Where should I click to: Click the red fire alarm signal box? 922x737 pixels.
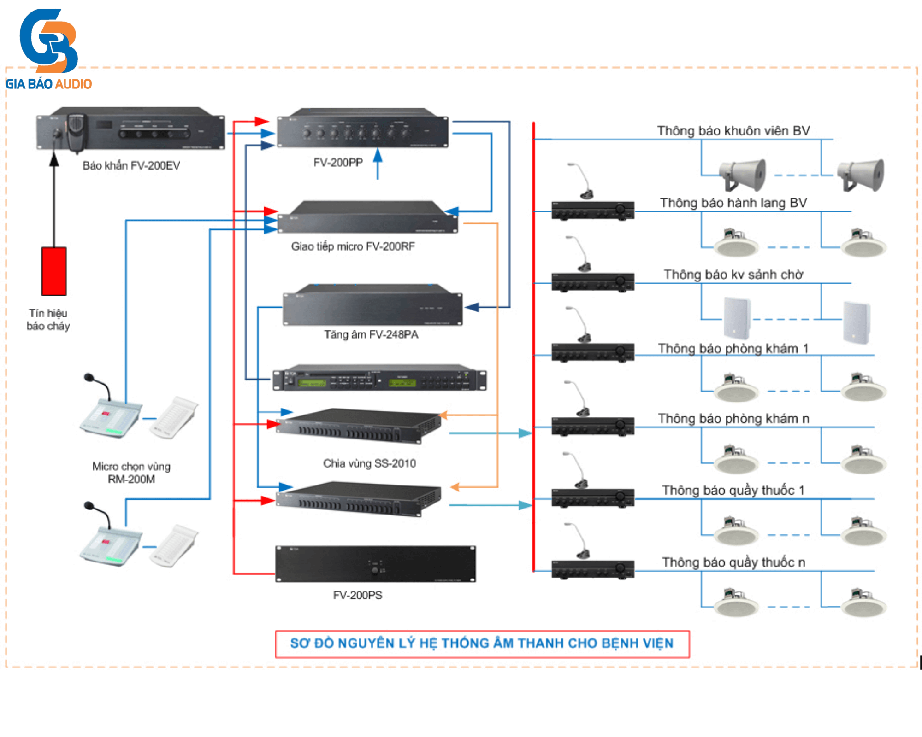pos(54,271)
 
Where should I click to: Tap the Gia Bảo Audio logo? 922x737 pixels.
pos(48,48)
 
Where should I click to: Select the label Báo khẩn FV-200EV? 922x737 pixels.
pos(131,165)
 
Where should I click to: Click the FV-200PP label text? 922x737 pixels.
pos(338,163)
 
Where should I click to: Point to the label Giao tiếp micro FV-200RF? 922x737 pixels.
pos(353,246)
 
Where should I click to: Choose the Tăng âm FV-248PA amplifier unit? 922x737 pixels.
pos(372,306)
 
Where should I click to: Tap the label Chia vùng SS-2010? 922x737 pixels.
pos(369,463)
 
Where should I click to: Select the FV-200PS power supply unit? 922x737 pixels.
pos(375,564)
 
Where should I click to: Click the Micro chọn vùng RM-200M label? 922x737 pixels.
pos(131,473)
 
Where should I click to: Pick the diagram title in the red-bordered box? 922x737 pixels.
pos(482,643)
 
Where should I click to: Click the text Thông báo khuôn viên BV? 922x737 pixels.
pos(733,131)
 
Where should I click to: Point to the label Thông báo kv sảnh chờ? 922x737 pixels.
pos(733,275)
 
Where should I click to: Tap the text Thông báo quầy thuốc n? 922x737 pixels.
pos(733,562)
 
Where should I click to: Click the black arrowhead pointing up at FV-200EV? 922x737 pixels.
pos(54,159)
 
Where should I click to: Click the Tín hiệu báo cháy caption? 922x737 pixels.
pos(48,320)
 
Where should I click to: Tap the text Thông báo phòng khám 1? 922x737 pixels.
pos(733,349)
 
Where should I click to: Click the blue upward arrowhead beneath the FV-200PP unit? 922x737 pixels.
pos(378,155)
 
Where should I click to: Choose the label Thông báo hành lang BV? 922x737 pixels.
pos(733,203)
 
